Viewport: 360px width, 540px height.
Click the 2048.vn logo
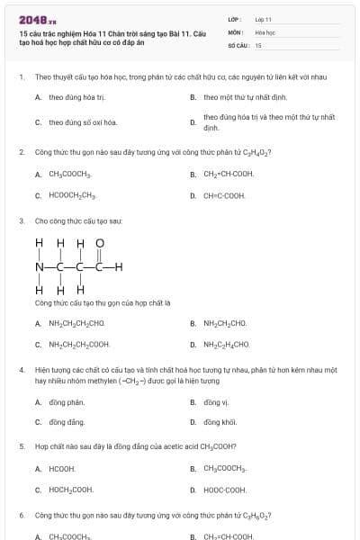pos(37,19)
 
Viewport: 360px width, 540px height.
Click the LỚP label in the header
pos(234,19)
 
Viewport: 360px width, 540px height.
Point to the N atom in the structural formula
pos(39,266)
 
